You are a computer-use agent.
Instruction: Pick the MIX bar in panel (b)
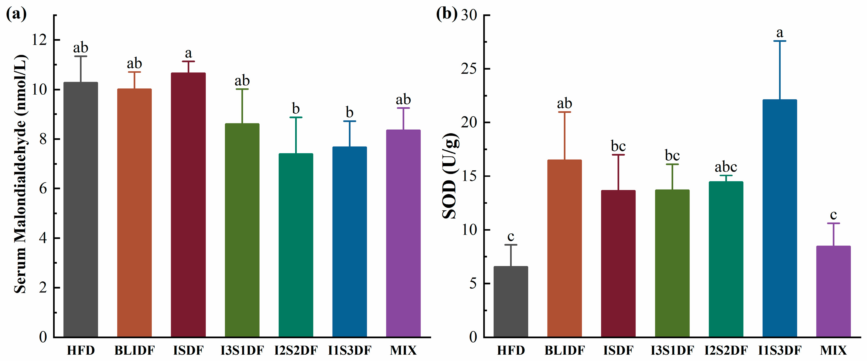pos(833,291)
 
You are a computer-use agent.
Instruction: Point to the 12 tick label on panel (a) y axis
pos(39,40)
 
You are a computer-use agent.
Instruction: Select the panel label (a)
pos(16,14)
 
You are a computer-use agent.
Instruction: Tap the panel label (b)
pos(446,14)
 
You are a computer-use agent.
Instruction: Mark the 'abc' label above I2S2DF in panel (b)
pos(726,166)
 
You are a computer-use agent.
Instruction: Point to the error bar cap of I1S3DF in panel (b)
pos(780,41)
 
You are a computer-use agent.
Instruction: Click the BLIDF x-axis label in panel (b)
pos(565,350)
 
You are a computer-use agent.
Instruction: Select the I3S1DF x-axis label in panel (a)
pos(242,350)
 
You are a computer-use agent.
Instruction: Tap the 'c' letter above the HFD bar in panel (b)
pos(511,236)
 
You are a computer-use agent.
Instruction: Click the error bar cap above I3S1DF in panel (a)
pos(242,89)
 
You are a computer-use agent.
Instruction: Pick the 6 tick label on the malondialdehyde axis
pos(43,188)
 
